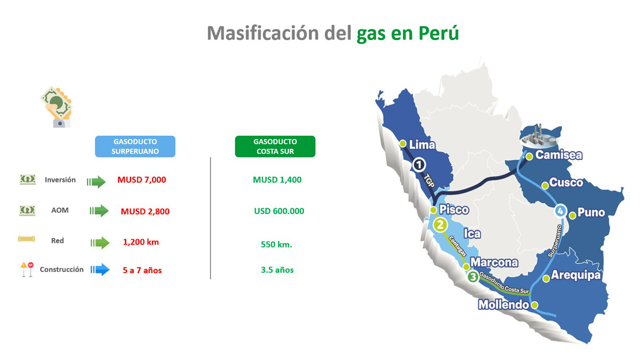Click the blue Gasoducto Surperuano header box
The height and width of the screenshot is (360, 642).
135,147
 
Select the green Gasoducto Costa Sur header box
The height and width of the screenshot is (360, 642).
275,147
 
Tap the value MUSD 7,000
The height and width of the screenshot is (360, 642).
142,180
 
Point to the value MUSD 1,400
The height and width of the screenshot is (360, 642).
277,180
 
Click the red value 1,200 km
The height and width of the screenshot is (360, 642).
141,242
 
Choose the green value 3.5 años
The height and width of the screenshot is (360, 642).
277,270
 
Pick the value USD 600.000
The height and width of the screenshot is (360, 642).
279,211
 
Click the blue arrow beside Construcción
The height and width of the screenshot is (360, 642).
100,270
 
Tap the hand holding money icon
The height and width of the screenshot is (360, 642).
57,106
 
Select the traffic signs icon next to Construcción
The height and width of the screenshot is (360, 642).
27,270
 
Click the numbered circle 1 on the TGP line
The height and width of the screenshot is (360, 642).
419,165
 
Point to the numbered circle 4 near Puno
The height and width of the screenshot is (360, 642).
560,211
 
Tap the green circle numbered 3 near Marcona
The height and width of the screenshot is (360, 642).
473,277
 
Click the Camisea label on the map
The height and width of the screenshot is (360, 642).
559,155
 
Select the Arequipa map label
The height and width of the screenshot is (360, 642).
576,275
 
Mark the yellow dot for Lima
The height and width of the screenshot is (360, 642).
403,143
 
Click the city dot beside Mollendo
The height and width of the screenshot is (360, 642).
534,305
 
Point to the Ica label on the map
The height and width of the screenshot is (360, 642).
472,234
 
